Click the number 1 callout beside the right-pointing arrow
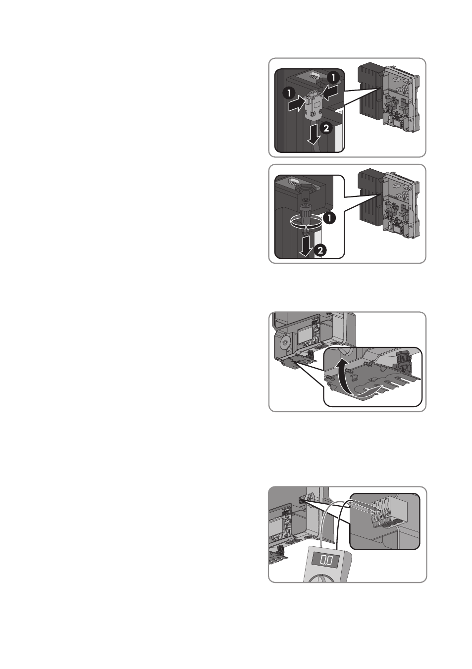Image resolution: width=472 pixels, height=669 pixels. click(289, 94)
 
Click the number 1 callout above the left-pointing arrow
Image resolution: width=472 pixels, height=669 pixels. click(333, 78)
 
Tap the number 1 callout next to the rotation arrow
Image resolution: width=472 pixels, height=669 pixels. click(329, 218)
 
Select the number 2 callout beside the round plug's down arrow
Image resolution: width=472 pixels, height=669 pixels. click(320, 250)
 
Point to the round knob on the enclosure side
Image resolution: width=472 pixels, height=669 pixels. click(285, 341)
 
